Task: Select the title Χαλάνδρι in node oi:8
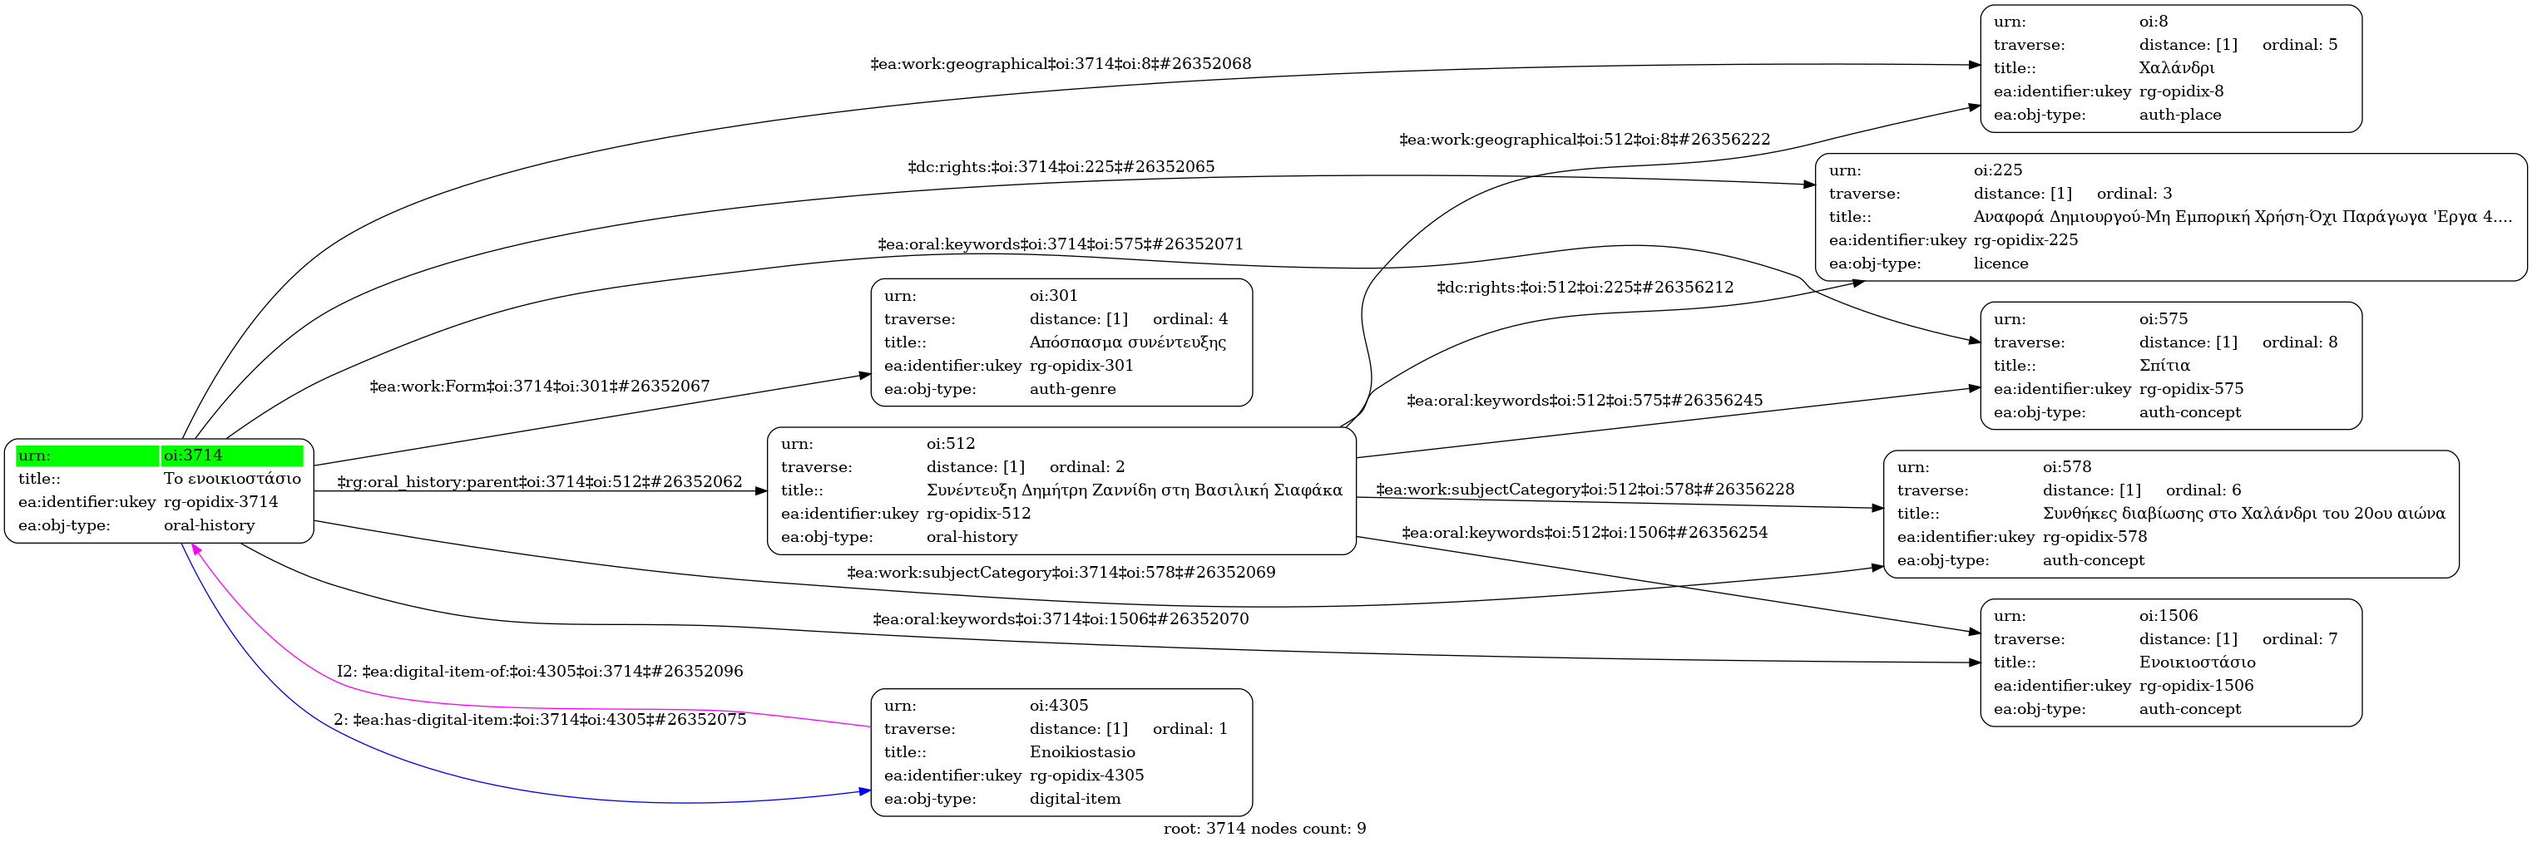click(x=2176, y=69)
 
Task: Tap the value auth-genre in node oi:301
click(x=1072, y=389)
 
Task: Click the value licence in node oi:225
click(x=2000, y=263)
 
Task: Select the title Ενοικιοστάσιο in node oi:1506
click(x=2197, y=663)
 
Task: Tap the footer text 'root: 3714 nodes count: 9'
click(x=1264, y=830)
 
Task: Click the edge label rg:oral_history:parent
click(x=540, y=482)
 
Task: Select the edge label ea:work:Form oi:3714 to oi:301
click(x=540, y=387)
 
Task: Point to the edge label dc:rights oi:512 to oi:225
click(x=1585, y=288)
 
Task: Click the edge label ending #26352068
click(x=1061, y=65)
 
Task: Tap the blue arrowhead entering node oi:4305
click(x=865, y=791)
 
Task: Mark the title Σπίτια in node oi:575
click(x=2164, y=367)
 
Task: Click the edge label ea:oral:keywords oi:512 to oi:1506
click(x=1584, y=533)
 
